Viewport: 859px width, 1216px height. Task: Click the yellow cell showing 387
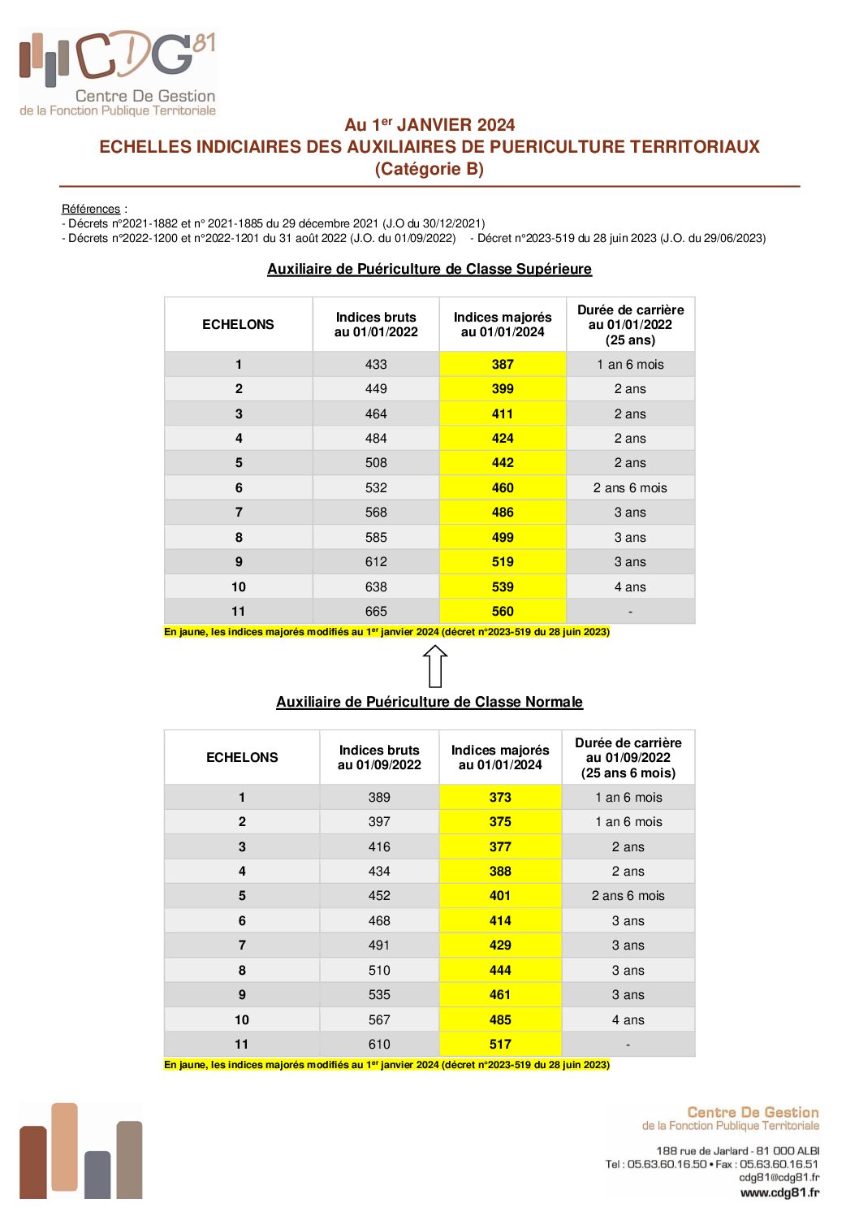pos(503,365)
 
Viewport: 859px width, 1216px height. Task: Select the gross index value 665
pos(376,612)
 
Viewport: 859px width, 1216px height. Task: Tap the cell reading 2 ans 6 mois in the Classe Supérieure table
pos(630,488)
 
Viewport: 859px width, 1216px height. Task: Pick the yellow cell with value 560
pos(503,612)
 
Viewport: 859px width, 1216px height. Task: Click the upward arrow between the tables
pos(435,666)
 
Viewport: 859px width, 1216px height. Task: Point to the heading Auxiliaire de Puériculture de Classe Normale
pos(429,702)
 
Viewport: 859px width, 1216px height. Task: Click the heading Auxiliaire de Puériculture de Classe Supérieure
pos(429,269)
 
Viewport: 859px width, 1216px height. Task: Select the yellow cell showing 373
pos(500,798)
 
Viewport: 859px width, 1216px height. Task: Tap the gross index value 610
pos(379,1045)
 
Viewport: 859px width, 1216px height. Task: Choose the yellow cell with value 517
pos(500,1045)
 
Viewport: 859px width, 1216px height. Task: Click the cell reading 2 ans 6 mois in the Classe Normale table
pos(628,896)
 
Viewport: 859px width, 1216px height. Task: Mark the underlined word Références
pos(91,209)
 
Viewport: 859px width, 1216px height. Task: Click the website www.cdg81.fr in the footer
pos(779,1192)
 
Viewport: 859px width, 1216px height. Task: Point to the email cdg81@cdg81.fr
pos(779,1177)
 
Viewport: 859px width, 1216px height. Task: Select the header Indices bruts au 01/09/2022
pos(379,757)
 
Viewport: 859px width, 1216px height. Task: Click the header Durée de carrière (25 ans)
pos(630,325)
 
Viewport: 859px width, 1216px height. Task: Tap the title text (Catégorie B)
pos(429,169)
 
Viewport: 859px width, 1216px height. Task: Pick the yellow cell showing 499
pos(503,538)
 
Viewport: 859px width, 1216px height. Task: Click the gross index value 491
pos(379,946)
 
